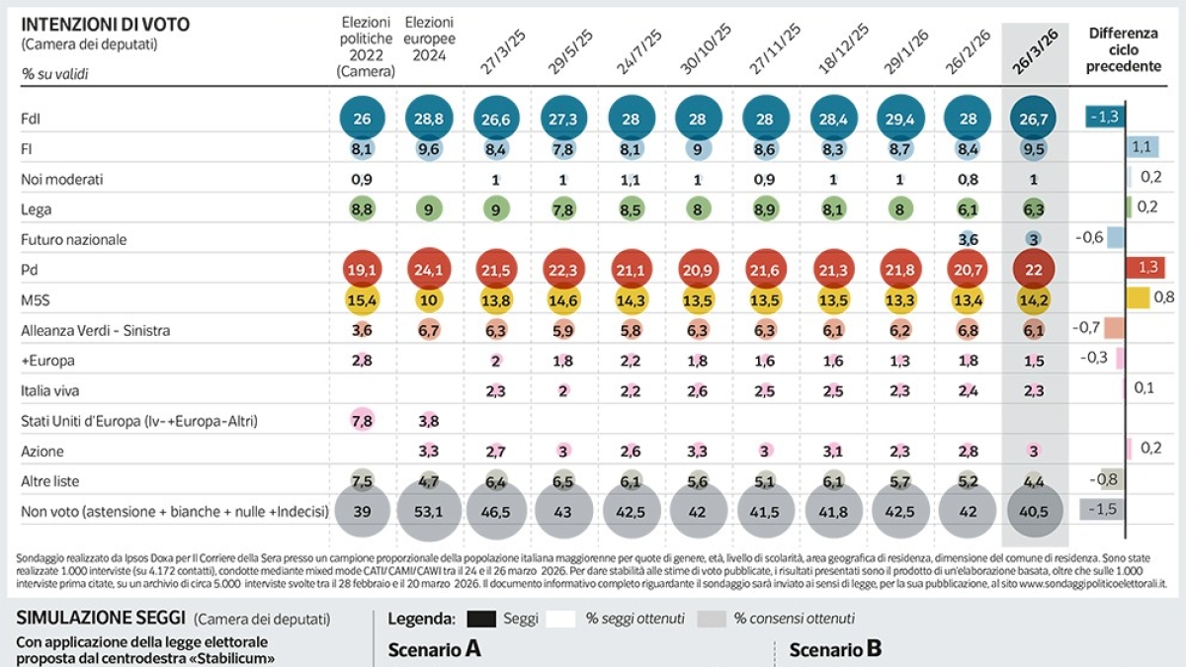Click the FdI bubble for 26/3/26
(x=1034, y=119)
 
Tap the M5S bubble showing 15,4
(x=362, y=299)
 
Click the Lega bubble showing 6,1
(x=967, y=209)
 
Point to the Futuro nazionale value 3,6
(x=967, y=239)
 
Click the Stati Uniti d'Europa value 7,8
(x=362, y=421)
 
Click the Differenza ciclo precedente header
(x=1124, y=49)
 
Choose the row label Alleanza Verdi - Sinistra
(x=96, y=330)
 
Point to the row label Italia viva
(x=50, y=390)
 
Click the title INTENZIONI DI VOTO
(x=106, y=24)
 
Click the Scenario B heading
(x=835, y=649)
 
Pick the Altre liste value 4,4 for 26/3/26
(x=1034, y=481)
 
